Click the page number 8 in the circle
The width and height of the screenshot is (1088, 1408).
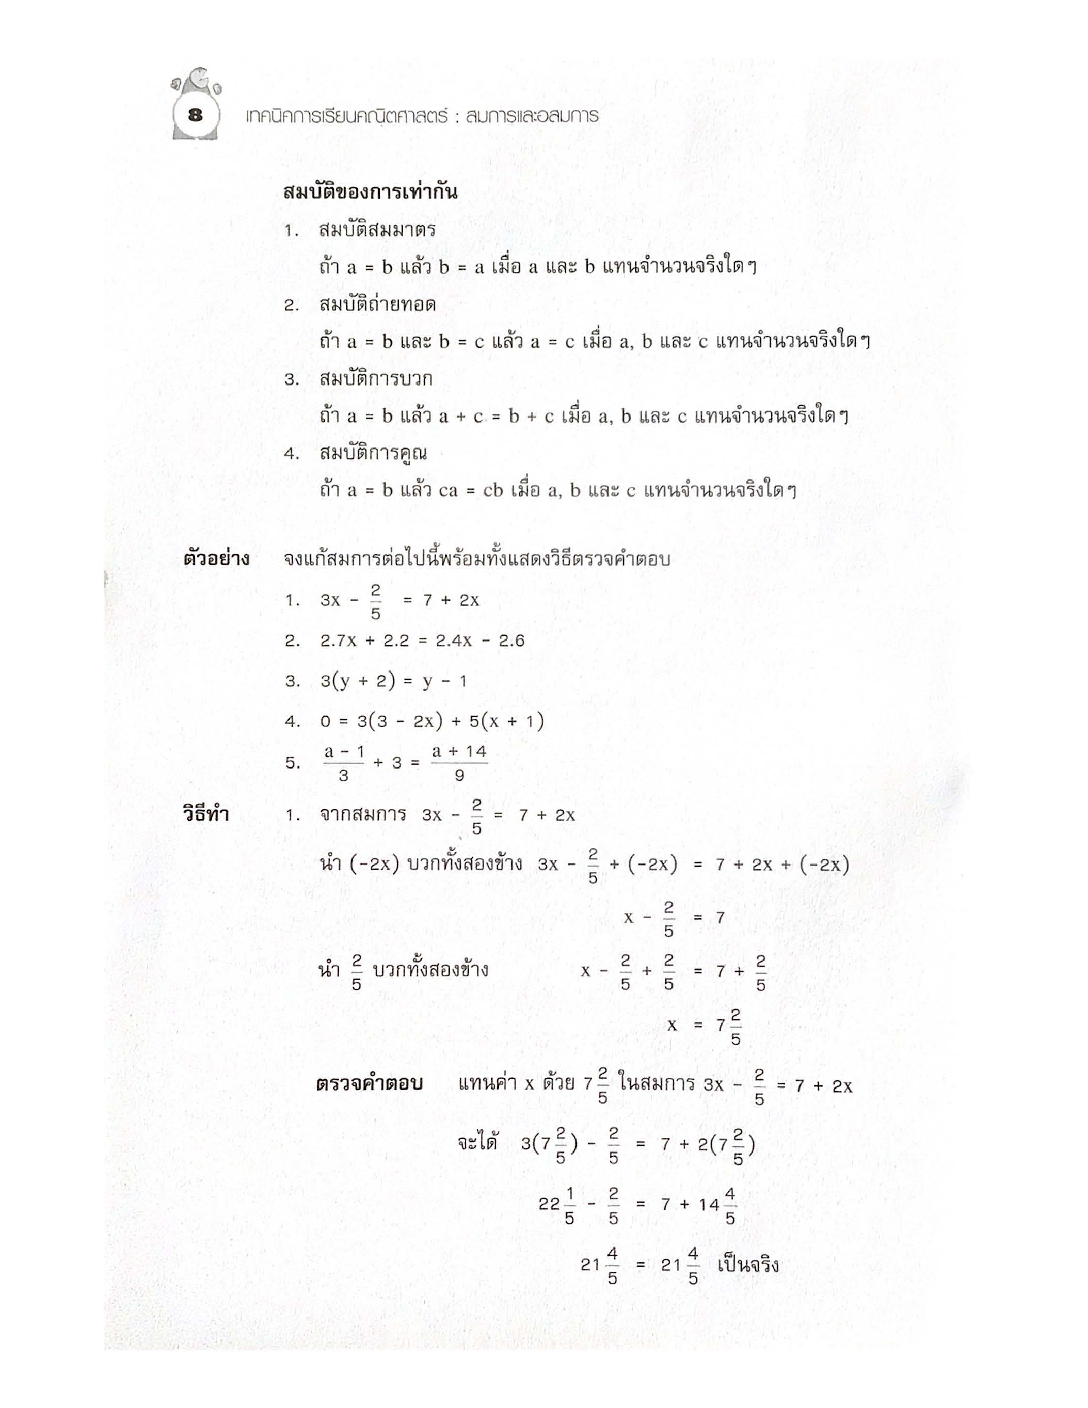tap(195, 116)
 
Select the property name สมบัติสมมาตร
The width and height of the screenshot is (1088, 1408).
tap(377, 230)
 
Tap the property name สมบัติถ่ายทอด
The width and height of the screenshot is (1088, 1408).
tap(377, 304)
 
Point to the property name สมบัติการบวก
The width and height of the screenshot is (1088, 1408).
tap(375, 379)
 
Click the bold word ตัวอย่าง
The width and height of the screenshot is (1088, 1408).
tap(216, 559)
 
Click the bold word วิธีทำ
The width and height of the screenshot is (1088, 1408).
tap(206, 814)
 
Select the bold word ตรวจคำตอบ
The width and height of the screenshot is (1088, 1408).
tap(369, 1084)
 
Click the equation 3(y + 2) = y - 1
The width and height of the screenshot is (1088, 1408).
tap(393, 681)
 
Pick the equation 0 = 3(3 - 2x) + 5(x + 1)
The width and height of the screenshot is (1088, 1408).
tap(432, 721)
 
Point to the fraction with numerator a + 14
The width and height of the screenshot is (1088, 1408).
tap(459, 763)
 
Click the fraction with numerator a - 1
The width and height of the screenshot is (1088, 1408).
tap(343, 763)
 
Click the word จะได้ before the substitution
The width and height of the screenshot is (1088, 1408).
tap(477, 1144)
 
